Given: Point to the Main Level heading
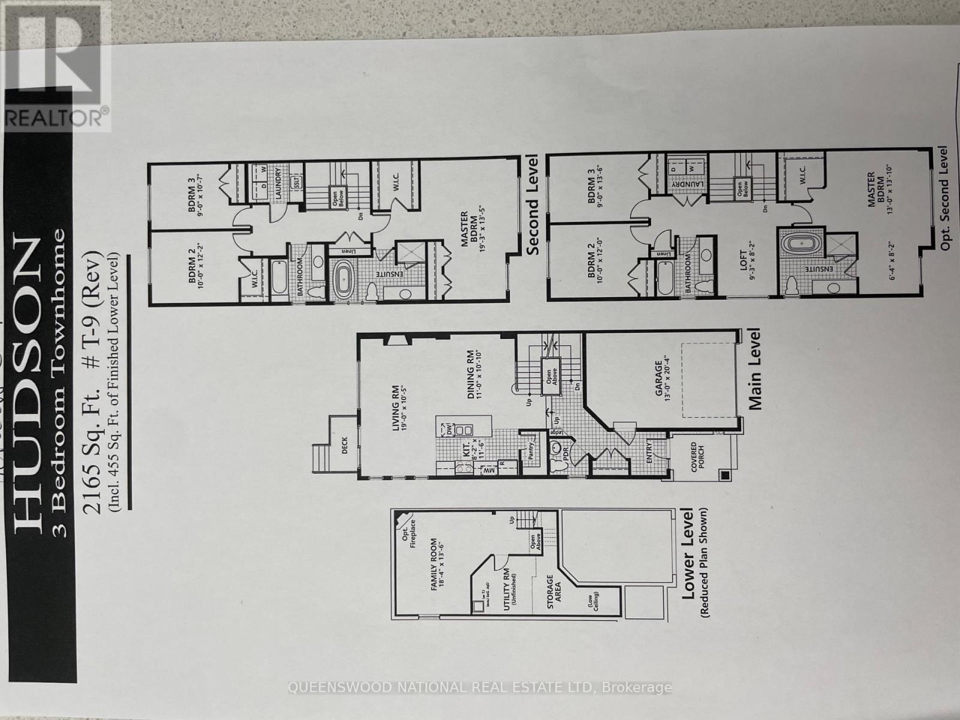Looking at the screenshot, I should [x=754, y=369].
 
